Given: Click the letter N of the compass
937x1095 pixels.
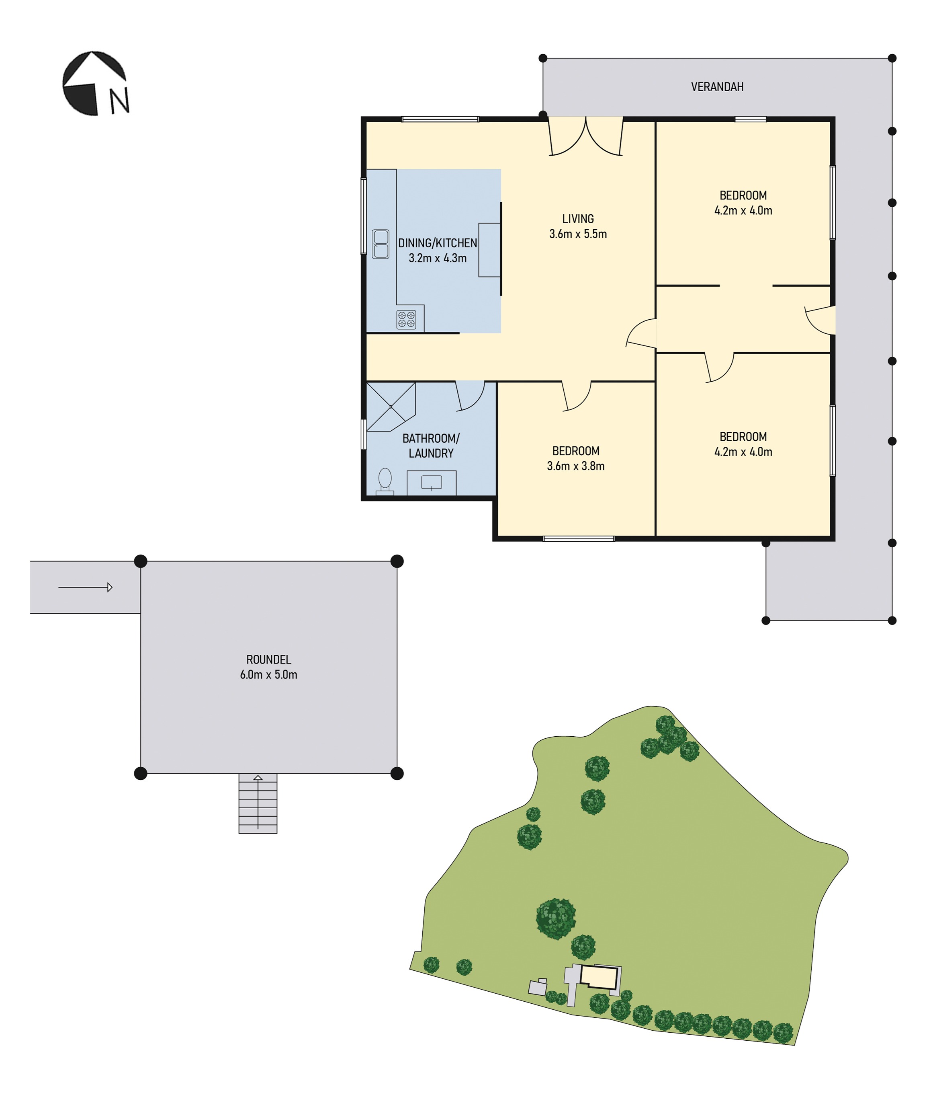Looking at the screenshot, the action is click(x=119, y=101).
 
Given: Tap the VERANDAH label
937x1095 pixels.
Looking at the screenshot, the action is click(x=717, y=87).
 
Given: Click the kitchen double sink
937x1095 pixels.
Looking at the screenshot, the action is click(x=380, y=244).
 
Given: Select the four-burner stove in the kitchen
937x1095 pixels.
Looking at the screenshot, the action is click(x=406, y=319).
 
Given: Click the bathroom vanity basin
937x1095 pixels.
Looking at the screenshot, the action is click(x=432, y=483).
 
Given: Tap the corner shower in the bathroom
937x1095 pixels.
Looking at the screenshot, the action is click(x=391, y=407).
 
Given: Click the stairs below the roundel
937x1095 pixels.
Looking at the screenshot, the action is click(x=258, y=803).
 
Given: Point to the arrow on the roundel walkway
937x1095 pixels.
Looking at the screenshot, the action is click(x=85, y=587).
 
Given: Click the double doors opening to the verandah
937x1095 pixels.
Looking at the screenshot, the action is click(x=586, y=136).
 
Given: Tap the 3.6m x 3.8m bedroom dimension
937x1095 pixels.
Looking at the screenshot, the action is click(x=576, y=466).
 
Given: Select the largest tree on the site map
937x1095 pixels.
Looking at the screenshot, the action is click(x=556, y=918).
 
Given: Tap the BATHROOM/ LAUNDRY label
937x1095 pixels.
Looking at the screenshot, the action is click(x=431, y=446).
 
